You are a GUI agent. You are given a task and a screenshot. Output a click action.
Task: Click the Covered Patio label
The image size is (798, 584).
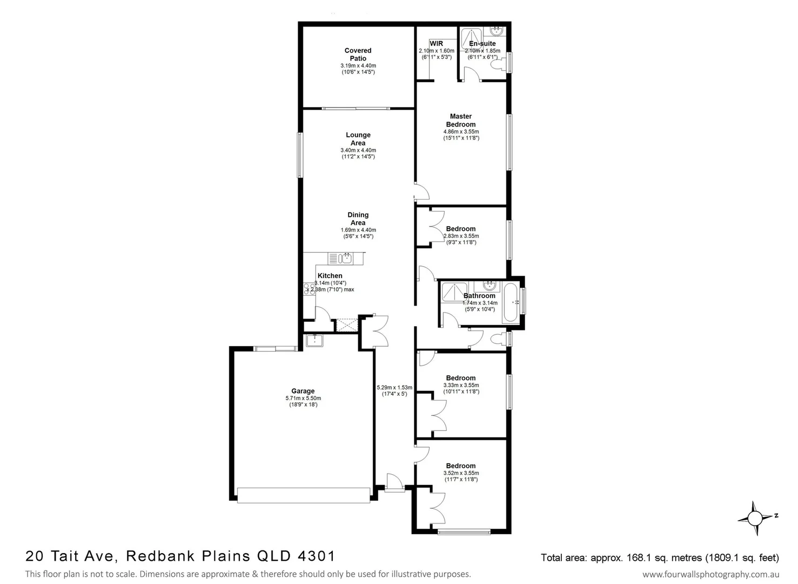pos(358,55)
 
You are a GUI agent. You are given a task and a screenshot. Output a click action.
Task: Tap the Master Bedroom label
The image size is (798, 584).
pos(461,120)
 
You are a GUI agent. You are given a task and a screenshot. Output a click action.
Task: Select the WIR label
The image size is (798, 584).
pos(436,43)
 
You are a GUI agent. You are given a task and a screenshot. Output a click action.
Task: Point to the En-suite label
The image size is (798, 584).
pos(482,44)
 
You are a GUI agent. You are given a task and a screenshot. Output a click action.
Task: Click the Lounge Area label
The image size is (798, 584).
pos(358,139)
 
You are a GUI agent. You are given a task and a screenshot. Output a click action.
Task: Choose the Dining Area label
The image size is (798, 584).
pos(358,218)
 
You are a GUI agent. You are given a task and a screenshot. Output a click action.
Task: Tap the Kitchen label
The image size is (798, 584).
pos(330,276)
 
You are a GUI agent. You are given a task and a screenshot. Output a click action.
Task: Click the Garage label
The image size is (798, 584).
pos(303,391)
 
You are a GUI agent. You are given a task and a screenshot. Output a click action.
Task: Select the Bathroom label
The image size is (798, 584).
pos(479,296)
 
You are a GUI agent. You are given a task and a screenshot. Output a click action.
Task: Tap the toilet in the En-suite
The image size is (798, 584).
pos(497,64)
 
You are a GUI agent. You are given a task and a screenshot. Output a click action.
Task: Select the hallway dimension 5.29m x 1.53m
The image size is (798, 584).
pos(394,387)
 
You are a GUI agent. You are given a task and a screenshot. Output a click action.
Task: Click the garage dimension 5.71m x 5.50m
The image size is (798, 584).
pos(303,398)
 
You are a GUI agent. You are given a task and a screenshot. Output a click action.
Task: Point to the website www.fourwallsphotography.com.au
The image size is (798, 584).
pos(710,574)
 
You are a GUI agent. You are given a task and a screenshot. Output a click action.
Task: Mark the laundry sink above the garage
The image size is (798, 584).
pos(314,340)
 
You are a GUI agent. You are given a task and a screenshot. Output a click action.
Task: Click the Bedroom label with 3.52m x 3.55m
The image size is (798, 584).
pos(461,466)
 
